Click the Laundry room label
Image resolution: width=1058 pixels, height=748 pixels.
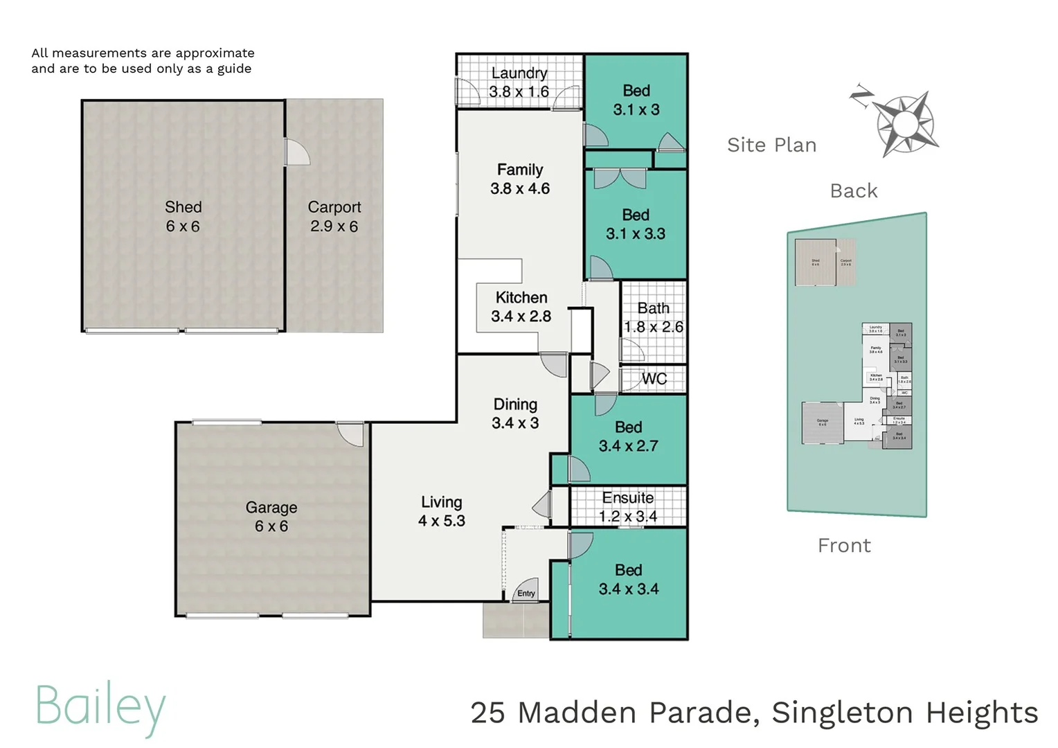519,73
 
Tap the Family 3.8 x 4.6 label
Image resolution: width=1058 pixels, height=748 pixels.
520,179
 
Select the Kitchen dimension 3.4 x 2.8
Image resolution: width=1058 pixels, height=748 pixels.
521,317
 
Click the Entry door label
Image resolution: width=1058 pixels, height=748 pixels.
526,594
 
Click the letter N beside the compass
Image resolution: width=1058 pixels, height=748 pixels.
861,96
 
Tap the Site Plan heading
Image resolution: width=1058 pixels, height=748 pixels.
771,145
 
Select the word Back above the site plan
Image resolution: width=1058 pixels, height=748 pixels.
854,191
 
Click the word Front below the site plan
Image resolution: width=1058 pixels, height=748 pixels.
844,546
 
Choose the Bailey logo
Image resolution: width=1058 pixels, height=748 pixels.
101,707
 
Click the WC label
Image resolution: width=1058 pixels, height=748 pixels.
654,379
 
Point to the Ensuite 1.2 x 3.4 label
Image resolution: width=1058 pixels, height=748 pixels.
628,507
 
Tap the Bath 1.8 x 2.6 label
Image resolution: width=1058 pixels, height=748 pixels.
654,317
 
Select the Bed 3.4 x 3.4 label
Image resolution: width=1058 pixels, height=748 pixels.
629,580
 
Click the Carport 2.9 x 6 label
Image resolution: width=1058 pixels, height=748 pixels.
334,217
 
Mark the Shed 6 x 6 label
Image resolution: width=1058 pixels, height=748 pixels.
183,217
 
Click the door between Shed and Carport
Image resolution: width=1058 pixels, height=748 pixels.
296,151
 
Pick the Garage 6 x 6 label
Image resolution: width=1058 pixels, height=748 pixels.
271,517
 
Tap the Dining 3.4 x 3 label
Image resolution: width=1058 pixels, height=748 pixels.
515,413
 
